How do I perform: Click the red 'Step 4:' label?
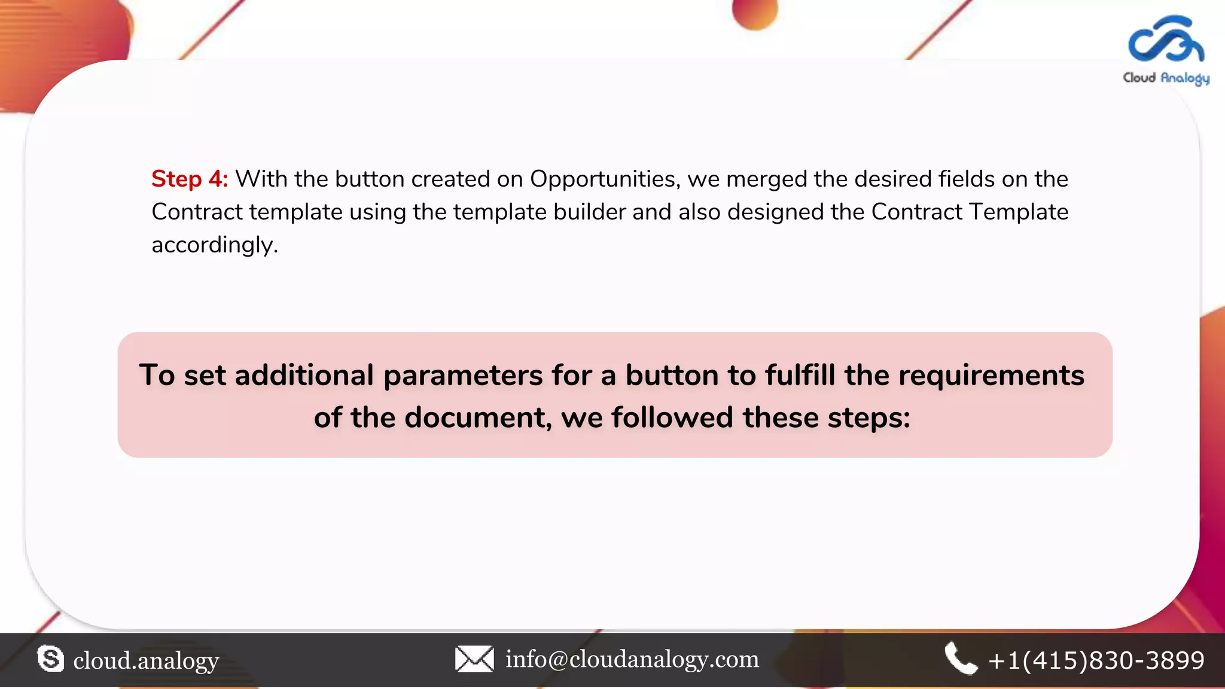pos(189,179)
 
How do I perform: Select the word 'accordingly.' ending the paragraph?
pos(215,245)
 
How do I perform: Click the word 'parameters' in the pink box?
pos(462,376)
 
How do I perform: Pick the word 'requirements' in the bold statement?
pos(991,376)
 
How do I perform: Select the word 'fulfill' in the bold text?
pos(800,376)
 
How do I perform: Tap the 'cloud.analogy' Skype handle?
pos(146,660)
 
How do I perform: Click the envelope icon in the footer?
pos(474,659)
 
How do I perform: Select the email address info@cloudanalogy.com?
pos(632,659)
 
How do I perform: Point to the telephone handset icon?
pos(961,658)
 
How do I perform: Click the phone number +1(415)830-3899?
pos(1096,660)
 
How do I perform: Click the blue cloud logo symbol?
pos(1166,40)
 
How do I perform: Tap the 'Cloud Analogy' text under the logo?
pos(1166,78)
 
